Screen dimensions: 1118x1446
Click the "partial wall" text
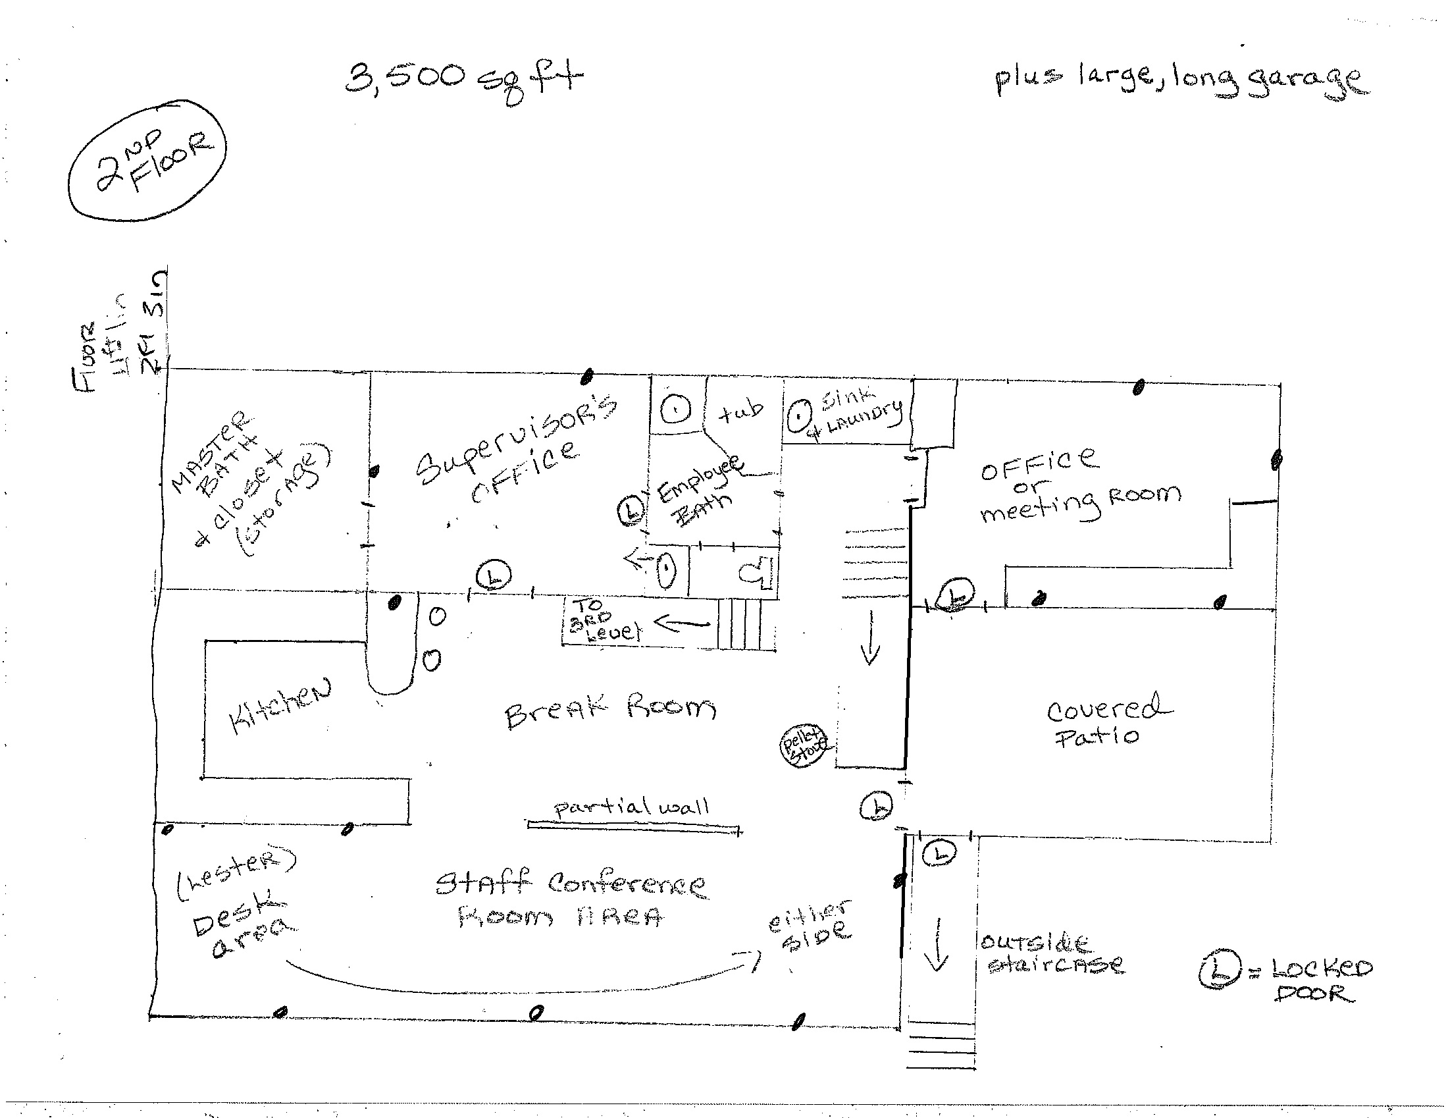pyautogui.click(x=633, y=807)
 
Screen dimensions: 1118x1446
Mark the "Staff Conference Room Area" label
pyautogui.click(x=569, y=899)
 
